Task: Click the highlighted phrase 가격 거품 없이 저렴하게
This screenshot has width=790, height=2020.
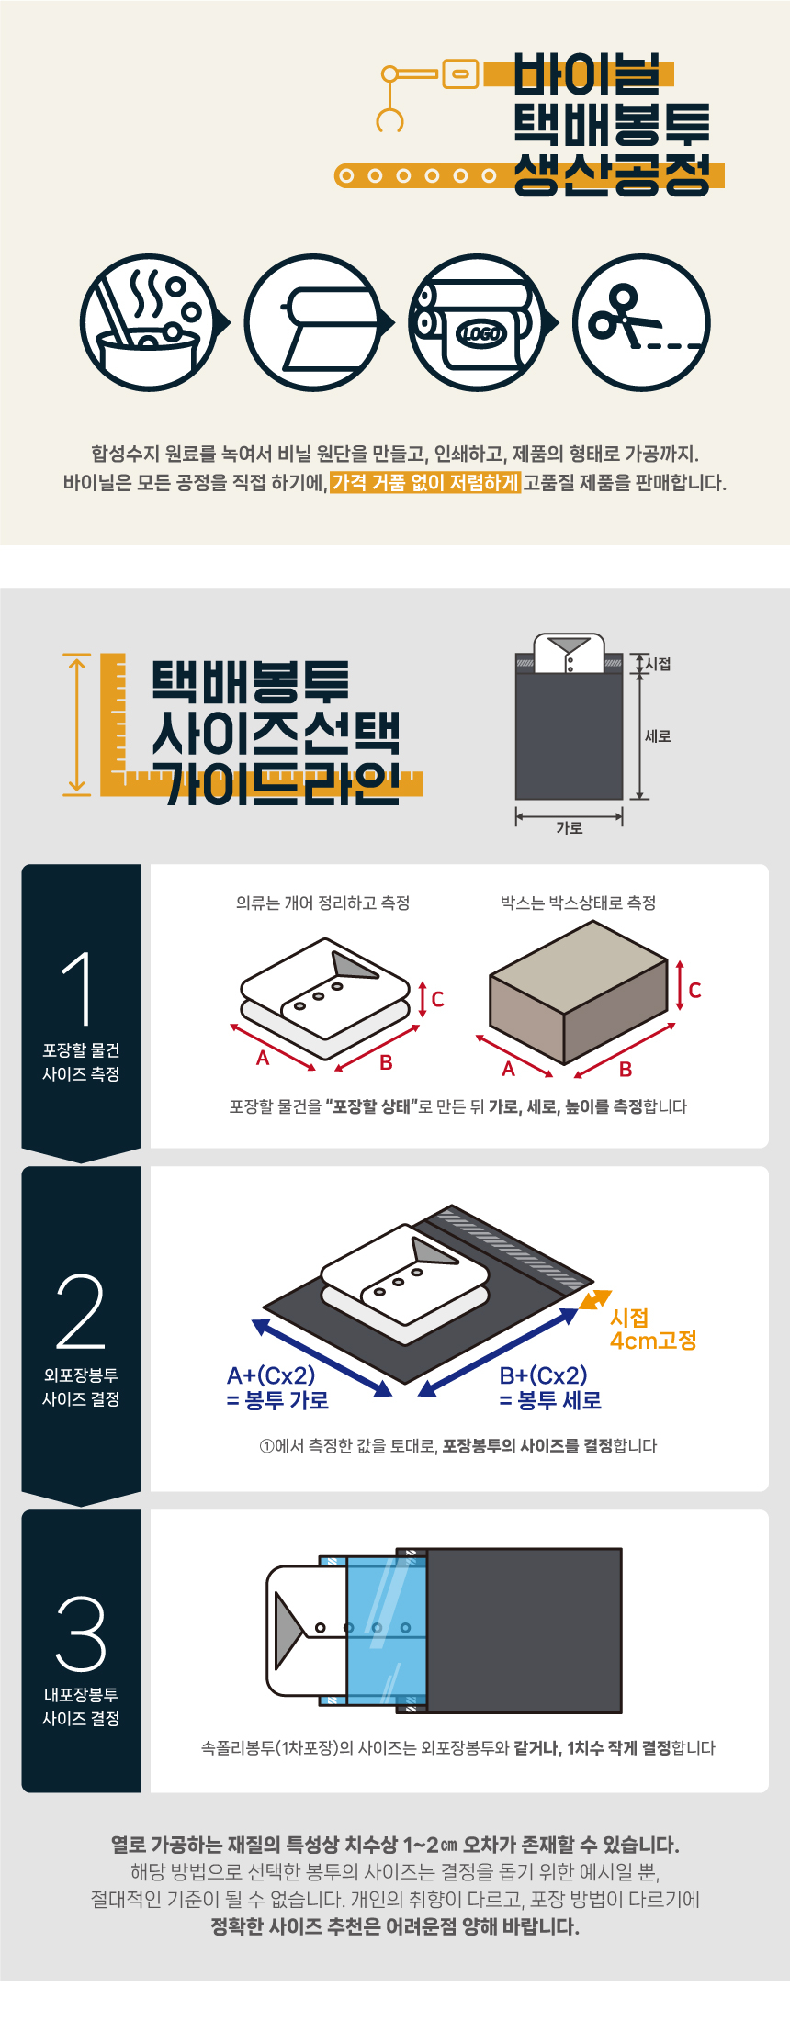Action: (425, 482)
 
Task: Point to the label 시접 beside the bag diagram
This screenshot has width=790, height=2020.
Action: (658, 664)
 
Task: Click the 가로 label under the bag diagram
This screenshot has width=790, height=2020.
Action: (570, 827)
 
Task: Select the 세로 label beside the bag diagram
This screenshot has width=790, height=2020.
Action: (658, 735)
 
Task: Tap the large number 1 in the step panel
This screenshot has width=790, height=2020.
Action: (80, 989)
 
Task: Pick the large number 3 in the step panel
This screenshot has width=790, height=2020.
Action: (80, 1634)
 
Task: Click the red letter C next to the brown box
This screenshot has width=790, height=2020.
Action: (695, 991)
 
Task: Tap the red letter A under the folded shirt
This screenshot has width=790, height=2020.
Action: (263, 1059)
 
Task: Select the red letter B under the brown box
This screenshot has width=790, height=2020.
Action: (626, 1070)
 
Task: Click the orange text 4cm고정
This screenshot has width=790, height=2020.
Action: (653, 1341)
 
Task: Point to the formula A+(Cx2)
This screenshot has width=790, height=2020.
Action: (271, 1375)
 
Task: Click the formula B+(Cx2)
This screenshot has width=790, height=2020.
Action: (543, 1375)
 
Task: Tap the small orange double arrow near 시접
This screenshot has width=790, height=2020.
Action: (595, 1300)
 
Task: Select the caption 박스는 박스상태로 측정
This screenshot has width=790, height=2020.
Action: (578, 903)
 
